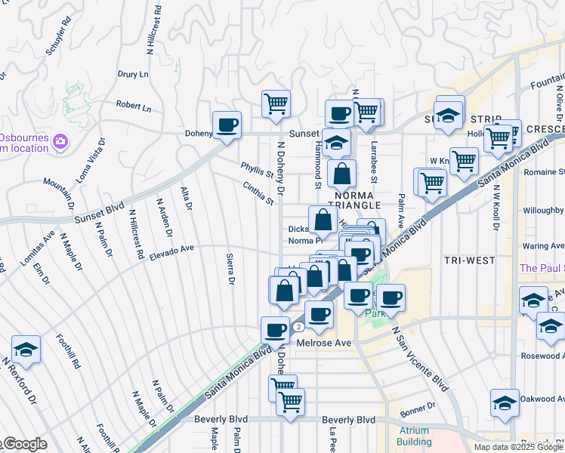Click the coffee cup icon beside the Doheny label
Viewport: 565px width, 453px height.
point(226,125)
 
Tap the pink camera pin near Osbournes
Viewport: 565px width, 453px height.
point(60,141)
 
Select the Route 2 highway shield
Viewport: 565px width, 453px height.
point(299,327)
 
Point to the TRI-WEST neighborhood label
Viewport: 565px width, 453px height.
point(469,260)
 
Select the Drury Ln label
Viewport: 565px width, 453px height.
point(133,75)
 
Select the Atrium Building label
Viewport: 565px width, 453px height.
point(414,436)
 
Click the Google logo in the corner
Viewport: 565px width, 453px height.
point(24,444)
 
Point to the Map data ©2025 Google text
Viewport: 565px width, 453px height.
point(517,447)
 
